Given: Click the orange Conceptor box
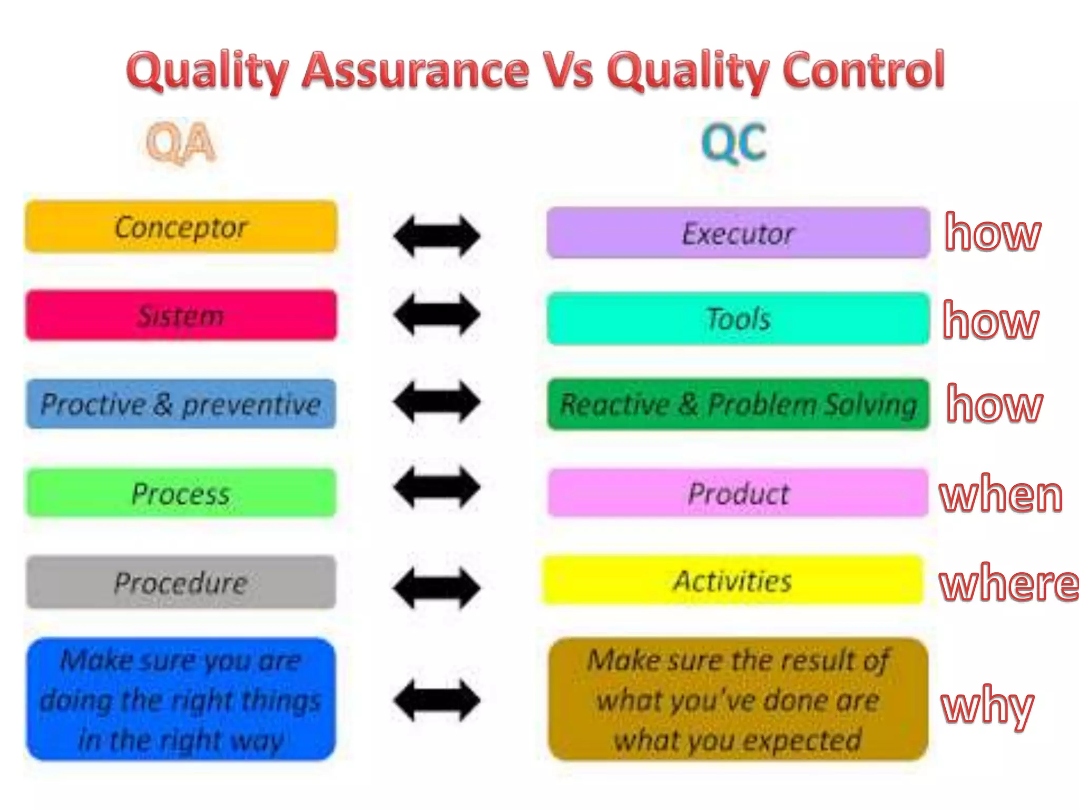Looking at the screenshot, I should [x=181, y=227].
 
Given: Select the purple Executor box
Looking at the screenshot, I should [x=738, y=233].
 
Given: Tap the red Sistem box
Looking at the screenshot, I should [x=181, y=315].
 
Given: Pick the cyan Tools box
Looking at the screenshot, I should [x=738, y=319].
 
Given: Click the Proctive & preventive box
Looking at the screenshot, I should [x=181, y=404].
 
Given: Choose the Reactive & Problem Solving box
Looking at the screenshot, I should [x=738, y=404].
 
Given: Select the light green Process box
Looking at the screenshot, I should [x=181, y=493].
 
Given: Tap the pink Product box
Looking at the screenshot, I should [x=738, y=493].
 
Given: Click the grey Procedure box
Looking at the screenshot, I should [x=181, y=582].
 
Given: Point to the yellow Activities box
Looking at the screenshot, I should [x=732, y=580].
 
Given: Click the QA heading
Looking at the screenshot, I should [x=181, y=142].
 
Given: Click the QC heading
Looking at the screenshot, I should [x=734, y=142].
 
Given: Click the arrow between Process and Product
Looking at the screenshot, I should [x=437, y=487].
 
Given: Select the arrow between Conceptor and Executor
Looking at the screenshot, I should [x=437, y=235].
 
